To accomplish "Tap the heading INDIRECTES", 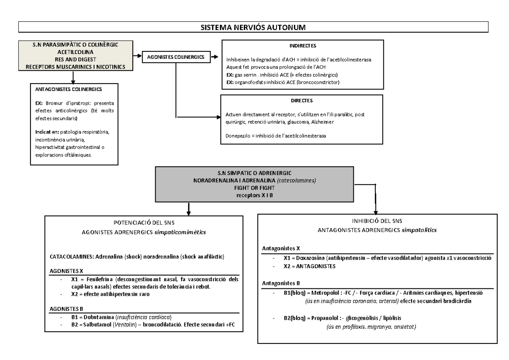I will pyautogui.click(x=303, y=46).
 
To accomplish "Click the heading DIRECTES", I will pyautogui.click(x=303, y=101).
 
